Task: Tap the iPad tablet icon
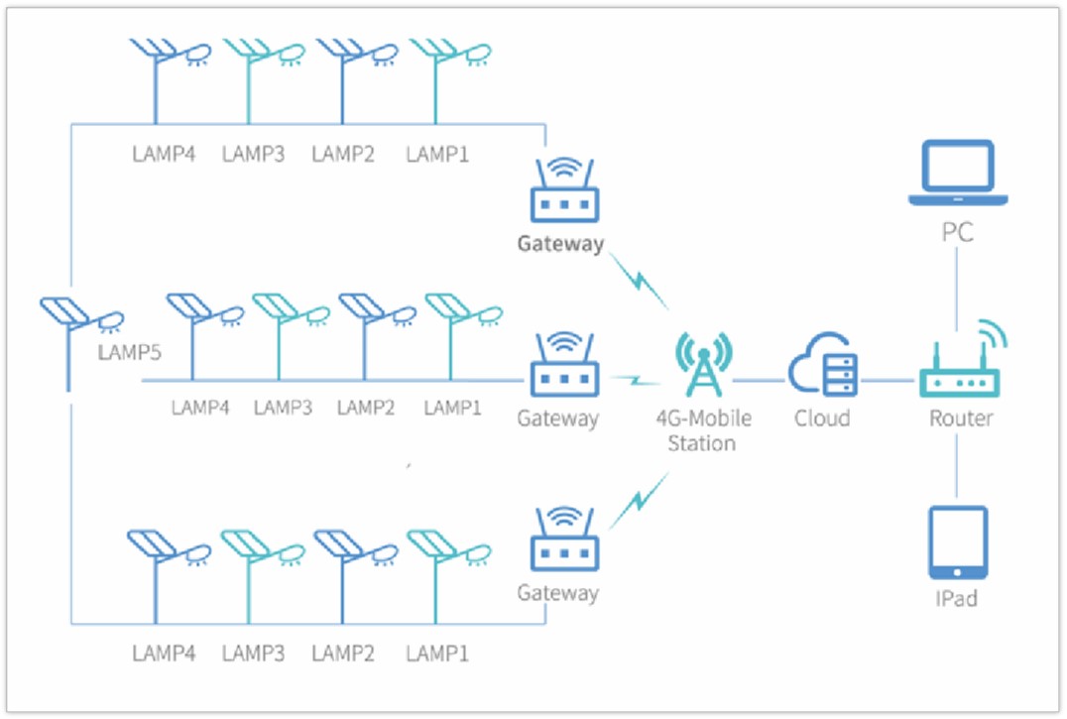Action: coord(957,542)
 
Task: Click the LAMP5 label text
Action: coord(129,352)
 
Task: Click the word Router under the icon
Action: coord(960,419)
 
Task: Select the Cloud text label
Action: coord(822,419)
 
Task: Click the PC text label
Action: coord(957,234)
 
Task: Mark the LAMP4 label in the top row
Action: coord(164,155)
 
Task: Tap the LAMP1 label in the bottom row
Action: coord(437,654)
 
